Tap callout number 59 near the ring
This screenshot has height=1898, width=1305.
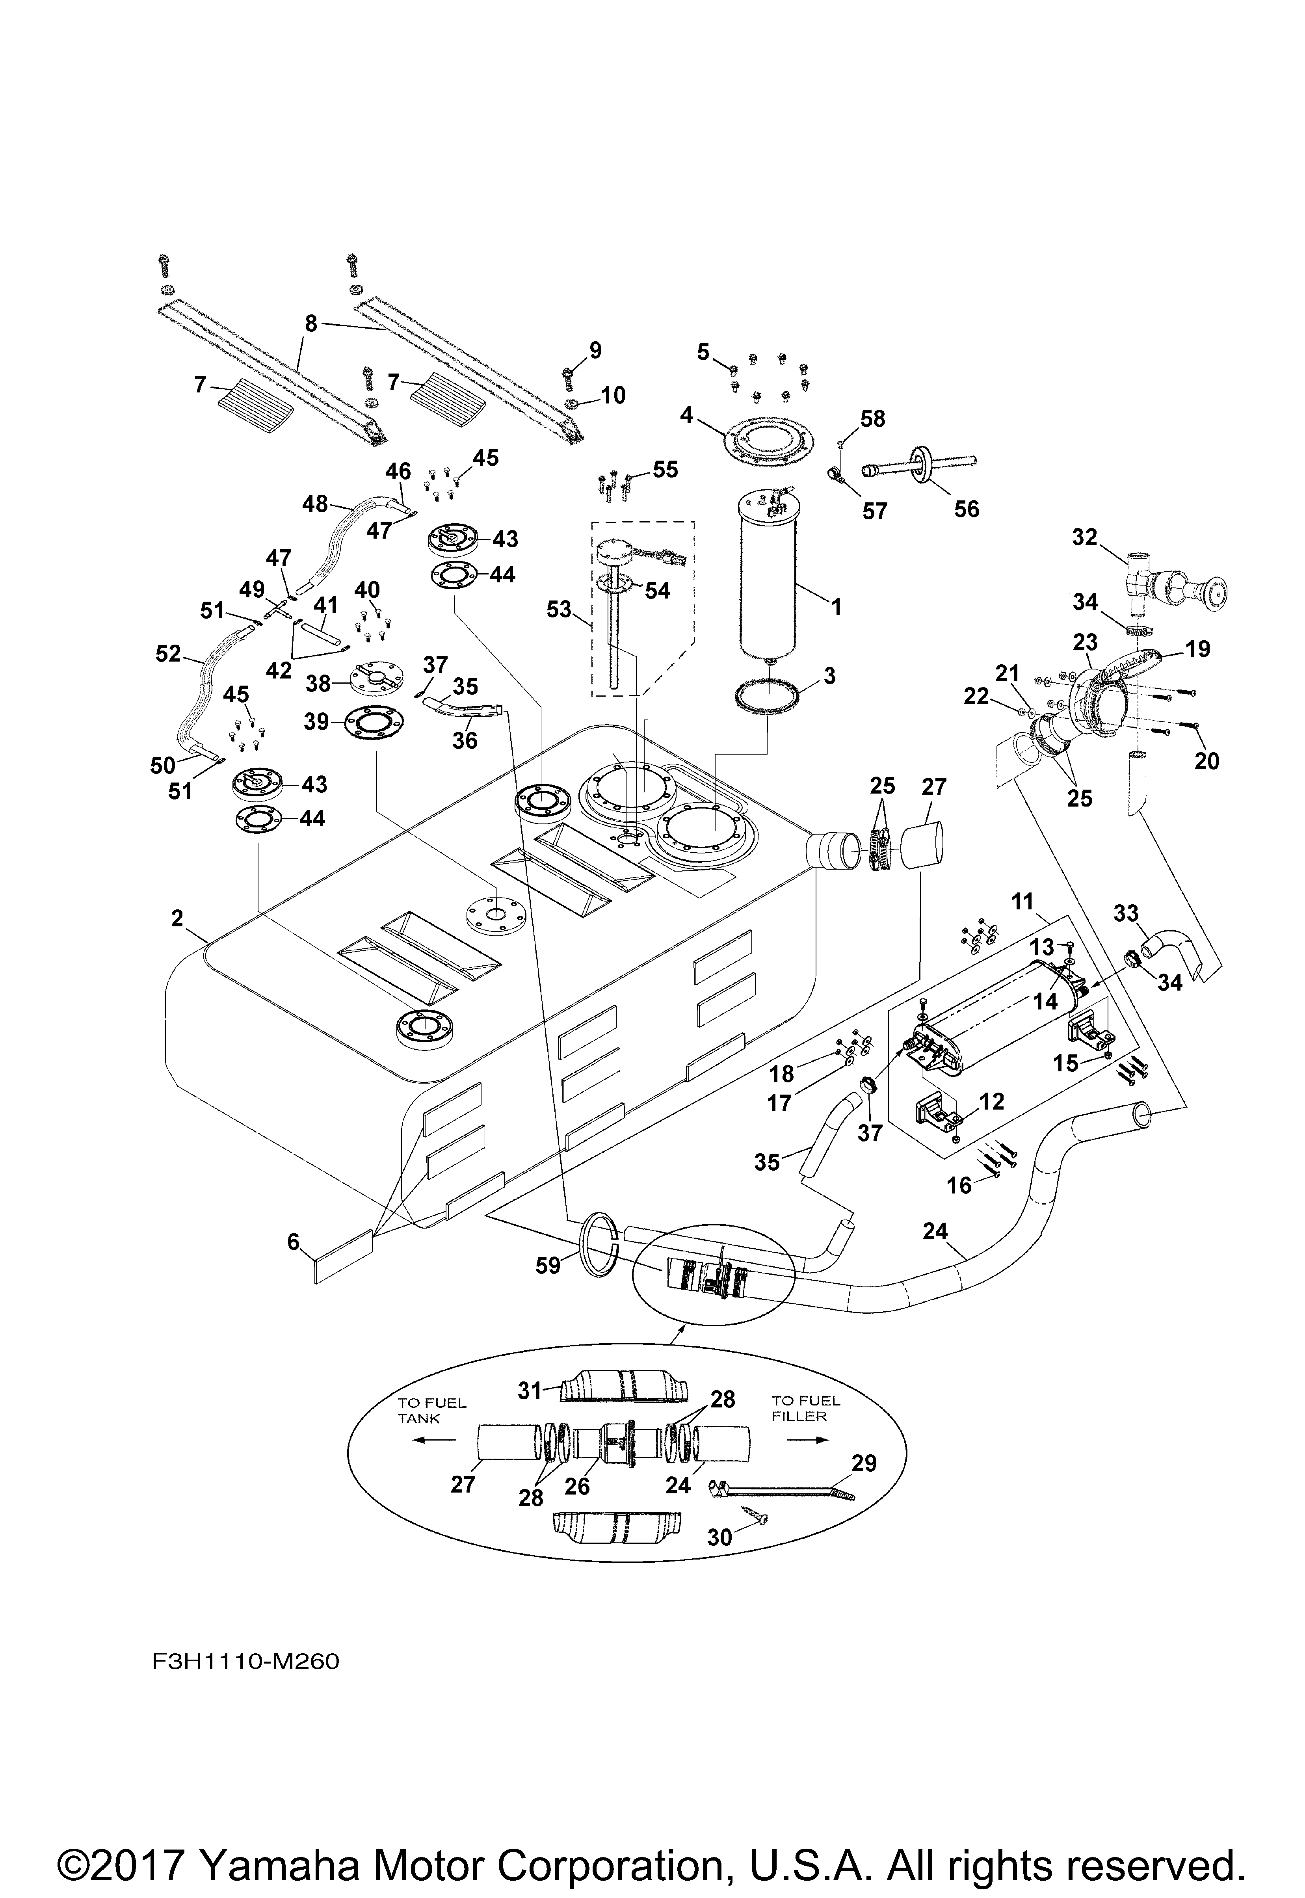(x=548, y=1265)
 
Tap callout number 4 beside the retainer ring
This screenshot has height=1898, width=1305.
(x=686, y=415)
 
